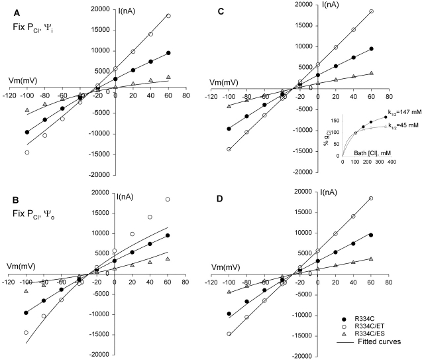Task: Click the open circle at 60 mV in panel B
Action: coord(168,200)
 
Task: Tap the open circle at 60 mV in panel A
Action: coord(168,16)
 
